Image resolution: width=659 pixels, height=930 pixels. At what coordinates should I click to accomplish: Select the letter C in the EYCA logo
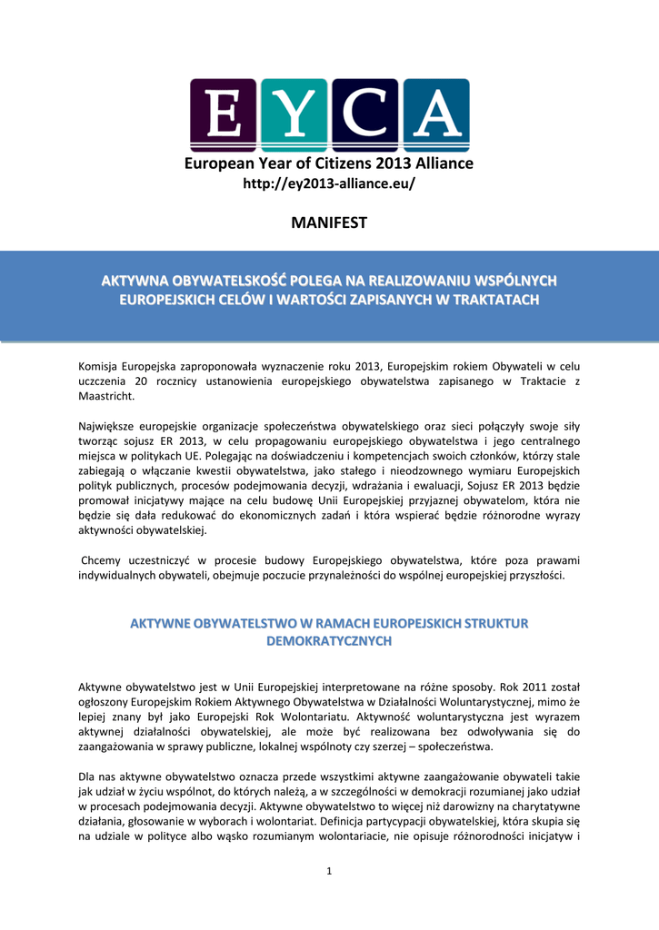pyautogui.click(x=364, y=114)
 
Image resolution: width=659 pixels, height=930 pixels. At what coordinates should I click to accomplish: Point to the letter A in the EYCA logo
pyautogui.click(x=434, y=114)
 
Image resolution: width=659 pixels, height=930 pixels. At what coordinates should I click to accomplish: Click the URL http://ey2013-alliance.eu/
pyautogui.click(x=329, y=184)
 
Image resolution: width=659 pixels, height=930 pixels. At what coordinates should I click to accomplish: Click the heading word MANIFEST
pyautogui.click(x=329, y=223)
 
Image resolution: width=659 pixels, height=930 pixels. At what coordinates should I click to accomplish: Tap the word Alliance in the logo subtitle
pyautogui.click(x=439, y=163)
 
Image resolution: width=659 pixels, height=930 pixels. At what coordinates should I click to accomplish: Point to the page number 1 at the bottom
pyautogui.click(x=330, y=872)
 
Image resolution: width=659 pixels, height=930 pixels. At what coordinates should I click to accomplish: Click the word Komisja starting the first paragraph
pyautogui.click(x=101, y=365)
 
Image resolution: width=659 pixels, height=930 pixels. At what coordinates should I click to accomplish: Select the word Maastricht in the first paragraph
pyautogui.click(x=106, y=397)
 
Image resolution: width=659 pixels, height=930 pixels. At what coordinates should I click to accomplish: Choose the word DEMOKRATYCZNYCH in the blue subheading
pyautogui.click(x=329, y=641)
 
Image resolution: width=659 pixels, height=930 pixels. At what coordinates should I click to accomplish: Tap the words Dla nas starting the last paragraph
pyautogui.click(x=99, y=777)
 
